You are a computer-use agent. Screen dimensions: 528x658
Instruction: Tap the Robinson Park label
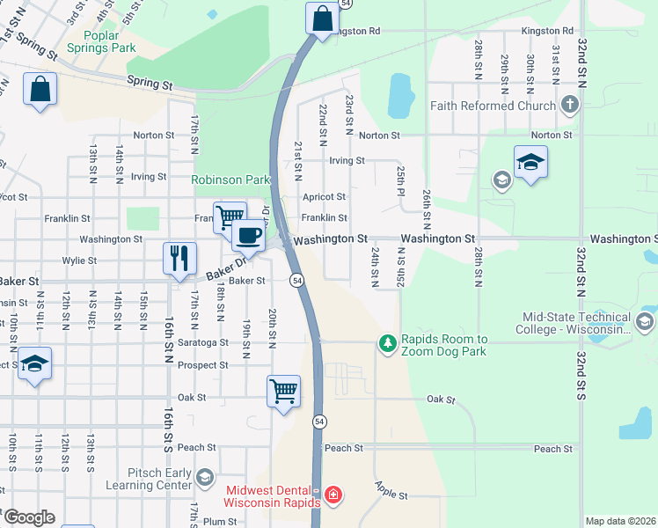pyautogui.click(x=231, y=180)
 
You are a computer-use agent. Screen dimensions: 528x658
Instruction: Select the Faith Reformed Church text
pyautogui.click(x=493, y=106)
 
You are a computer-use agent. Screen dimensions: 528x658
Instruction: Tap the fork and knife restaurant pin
pyautogui.click(x=179, y=259)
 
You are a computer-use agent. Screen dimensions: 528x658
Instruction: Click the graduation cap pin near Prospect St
pyautogui.click(x=34, y=363)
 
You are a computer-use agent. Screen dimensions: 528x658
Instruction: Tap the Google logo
pyautogui.click(x=28, y=517)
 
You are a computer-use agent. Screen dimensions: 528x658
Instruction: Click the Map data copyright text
pyautogui.click(x=619, y=521)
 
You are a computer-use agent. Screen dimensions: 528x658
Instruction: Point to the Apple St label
pyautogui.click(x=391, y=491)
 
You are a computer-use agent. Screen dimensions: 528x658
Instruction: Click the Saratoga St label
pyautogui.click(x=205, y=342)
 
